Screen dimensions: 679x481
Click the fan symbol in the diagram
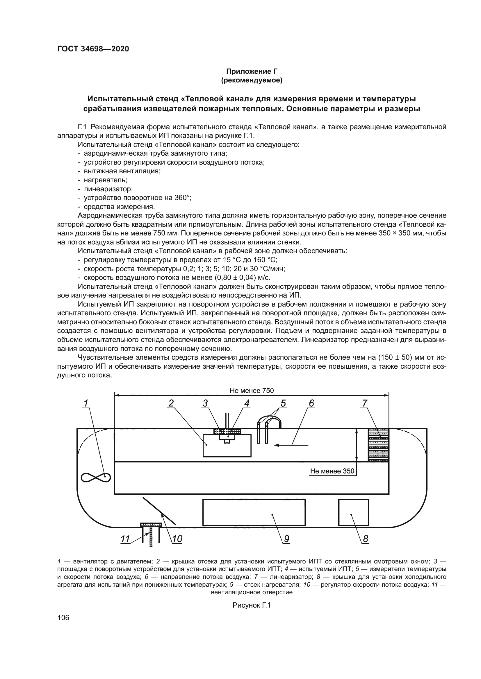pos(96,477)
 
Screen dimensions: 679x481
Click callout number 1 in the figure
pos(86,404)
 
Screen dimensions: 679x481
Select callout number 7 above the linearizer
pos(365,404)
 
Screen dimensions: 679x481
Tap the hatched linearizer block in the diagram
pos(378,445)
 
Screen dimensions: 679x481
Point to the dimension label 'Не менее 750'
pos(252,390)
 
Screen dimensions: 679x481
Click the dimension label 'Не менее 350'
pos(332,471)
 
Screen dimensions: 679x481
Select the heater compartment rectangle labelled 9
pos(254,512)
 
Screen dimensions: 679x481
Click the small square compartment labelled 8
pos(354,512)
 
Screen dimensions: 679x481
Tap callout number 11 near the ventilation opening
pos(125,539)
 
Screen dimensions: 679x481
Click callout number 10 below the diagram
pos(177,539)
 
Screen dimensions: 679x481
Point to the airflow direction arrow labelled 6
pos(292,445)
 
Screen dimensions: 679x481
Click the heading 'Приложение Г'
pos(252,71)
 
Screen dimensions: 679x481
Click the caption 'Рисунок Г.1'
pos(252,605)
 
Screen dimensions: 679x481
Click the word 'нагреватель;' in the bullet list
pos(106,180)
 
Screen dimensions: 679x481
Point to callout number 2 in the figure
pos(171,404)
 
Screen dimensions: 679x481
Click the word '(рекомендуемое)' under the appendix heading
pos(252,80)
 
